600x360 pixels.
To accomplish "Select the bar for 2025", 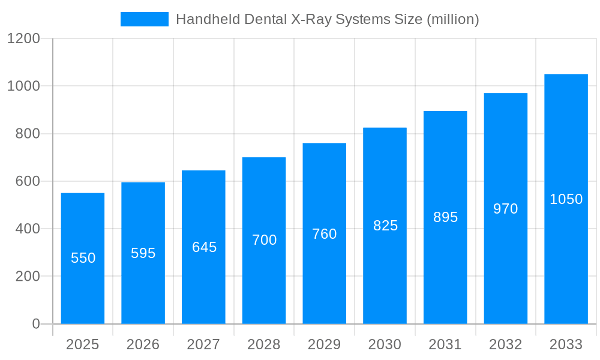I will coord(83,259).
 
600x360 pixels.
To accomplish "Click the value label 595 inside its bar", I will coord(143,253).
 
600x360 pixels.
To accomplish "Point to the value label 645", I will coord(204,247).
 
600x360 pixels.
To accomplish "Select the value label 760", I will coord(325,234).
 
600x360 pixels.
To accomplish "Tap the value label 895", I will coord(445,217).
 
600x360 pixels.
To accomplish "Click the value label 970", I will coord(505,209).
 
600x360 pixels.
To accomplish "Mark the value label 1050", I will coord(566,199).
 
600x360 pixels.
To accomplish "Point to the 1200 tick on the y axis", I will coord(23,39).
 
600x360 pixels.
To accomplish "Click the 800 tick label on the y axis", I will coord(27,134).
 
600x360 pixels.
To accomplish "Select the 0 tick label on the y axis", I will coord(35,324).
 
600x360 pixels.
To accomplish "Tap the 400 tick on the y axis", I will coord(27,229).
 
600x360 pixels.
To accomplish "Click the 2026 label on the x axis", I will coord(143,344).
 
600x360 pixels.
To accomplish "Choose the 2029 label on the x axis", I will coord(325,344).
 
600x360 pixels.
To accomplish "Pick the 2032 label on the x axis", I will coord(505,344).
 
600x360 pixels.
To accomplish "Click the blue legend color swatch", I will coord(145,19).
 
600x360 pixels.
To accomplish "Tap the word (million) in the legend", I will coord(452,19).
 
